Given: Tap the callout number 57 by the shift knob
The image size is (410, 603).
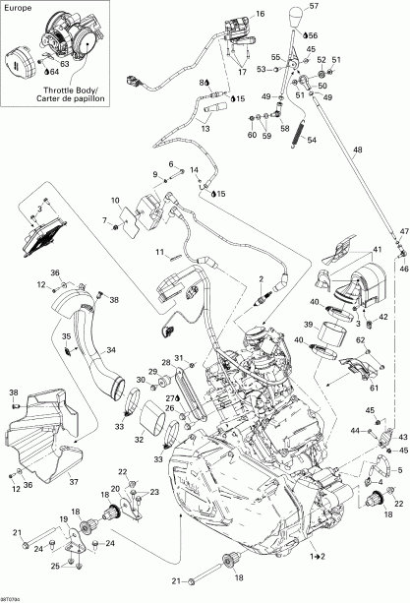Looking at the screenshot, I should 342,6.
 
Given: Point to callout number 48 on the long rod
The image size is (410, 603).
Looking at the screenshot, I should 358,150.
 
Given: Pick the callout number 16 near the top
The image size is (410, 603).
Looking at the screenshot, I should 261,15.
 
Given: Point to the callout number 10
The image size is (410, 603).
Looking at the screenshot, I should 114,201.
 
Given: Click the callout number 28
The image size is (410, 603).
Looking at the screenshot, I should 165,364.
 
